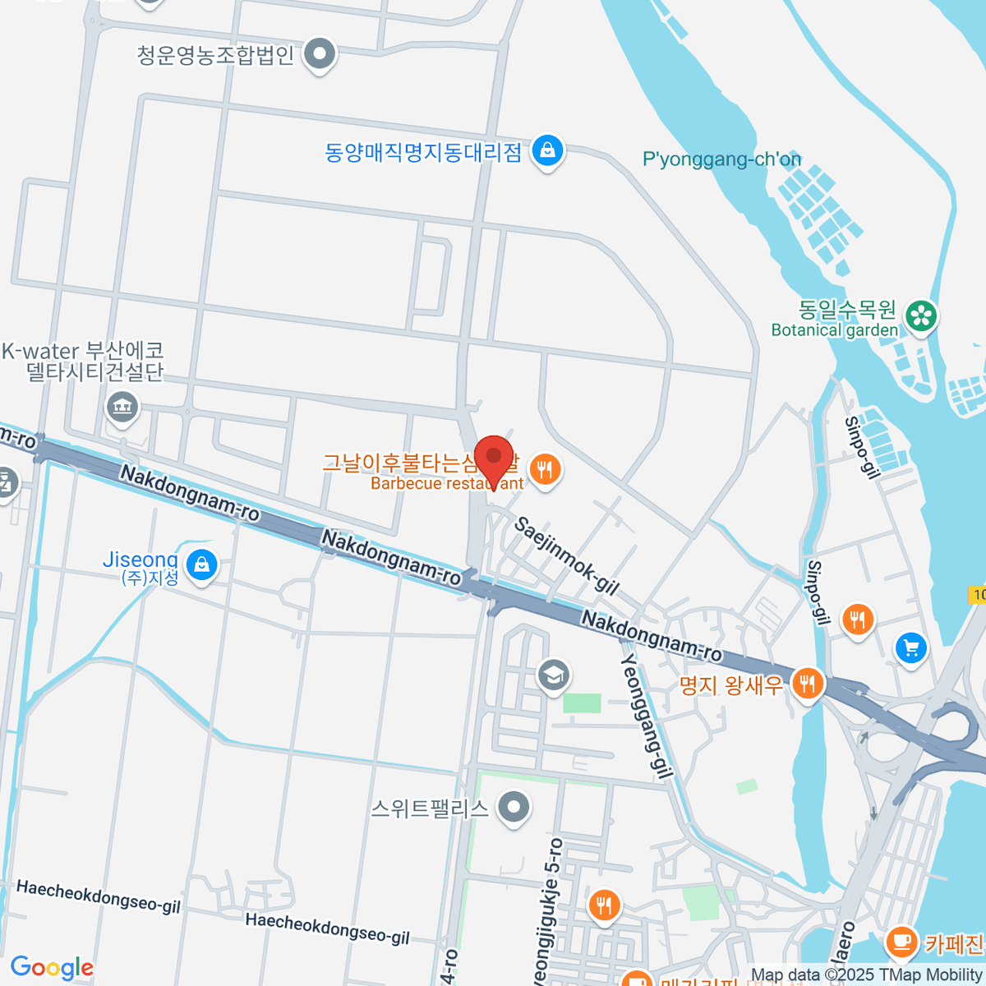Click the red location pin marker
(494, 457)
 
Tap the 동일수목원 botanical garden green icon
(921, 316)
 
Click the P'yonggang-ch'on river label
(721, 159)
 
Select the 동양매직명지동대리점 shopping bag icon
(546, 150)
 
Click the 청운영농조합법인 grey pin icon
(320, 55)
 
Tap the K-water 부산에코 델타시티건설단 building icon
(122, 406)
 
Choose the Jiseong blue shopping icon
(201, 564)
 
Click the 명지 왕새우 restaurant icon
(808, 682)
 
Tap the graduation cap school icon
(554, 675)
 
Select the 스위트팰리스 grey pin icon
(514, 807)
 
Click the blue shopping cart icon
(910, 647)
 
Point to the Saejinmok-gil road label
(566, 555)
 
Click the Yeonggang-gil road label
(647, 716)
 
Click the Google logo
(52, 968)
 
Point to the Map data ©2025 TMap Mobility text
(867, 975)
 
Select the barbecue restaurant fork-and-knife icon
(544, 470)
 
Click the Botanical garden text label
(835, 330)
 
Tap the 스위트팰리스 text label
(430, 809)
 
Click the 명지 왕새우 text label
(731, 684)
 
